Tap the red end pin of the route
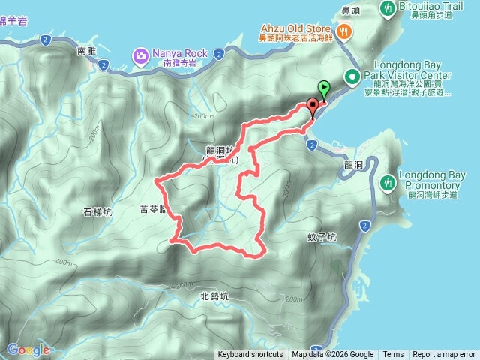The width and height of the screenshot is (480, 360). [313, 106]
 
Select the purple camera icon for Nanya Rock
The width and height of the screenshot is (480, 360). [140, 55]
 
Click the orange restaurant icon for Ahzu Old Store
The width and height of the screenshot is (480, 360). [343, 31]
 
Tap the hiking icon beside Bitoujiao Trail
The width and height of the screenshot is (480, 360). [388, 8]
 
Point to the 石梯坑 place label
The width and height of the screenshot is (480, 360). [97, 212]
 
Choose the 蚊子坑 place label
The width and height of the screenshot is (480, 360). [322, 236]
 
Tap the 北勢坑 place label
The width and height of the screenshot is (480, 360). [214, 295]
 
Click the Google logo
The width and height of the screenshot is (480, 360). [28, 349]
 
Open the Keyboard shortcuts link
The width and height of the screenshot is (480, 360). [250, 355]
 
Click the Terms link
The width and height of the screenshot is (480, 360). [393, 355]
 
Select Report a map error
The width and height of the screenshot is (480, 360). [444, 355]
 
